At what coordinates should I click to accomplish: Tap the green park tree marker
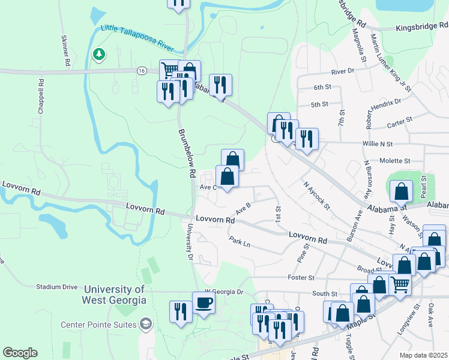98,55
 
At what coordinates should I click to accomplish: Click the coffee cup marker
203,302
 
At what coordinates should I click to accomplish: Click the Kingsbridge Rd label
422,26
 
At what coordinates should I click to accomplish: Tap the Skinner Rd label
64,50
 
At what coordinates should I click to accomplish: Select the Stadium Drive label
58,287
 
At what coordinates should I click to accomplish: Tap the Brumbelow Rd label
185,154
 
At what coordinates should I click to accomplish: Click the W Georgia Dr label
224,292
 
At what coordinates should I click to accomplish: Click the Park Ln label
239,243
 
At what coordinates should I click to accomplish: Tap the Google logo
20,353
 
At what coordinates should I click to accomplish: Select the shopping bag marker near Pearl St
401,192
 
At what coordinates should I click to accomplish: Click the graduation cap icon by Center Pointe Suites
145,325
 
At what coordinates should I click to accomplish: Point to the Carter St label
399,121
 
